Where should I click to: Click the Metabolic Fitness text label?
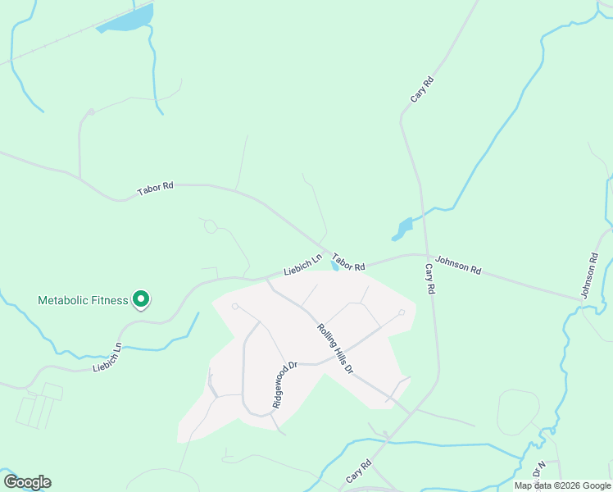(x=83, y=300)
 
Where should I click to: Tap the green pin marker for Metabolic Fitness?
(x=141, y=300)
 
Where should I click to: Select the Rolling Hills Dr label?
(x=334, y=349)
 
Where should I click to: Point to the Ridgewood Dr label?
(x=282, y=385)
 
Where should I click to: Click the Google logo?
(x=27, y=482)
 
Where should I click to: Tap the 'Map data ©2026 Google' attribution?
(x=562, y=485)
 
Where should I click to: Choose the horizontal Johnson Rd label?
(x=458, y=264)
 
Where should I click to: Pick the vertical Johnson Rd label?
(x=590, y=275)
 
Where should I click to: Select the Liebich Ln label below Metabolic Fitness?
(x=107, y=358)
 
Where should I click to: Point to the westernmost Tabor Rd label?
(x=156, y=187)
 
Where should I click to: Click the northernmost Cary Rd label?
(x=422, y=89)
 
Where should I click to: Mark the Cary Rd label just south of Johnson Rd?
(x=429, y=279)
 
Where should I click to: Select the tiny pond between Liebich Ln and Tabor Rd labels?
(x=334, y=266)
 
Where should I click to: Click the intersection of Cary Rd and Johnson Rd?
(x=426, y=255)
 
